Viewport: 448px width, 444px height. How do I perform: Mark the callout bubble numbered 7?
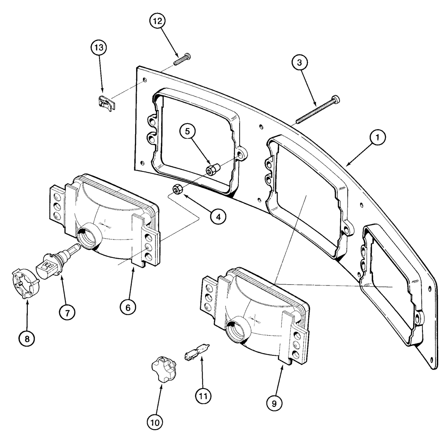pos(67,313)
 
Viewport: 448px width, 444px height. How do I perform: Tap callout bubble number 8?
pos(27,338)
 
